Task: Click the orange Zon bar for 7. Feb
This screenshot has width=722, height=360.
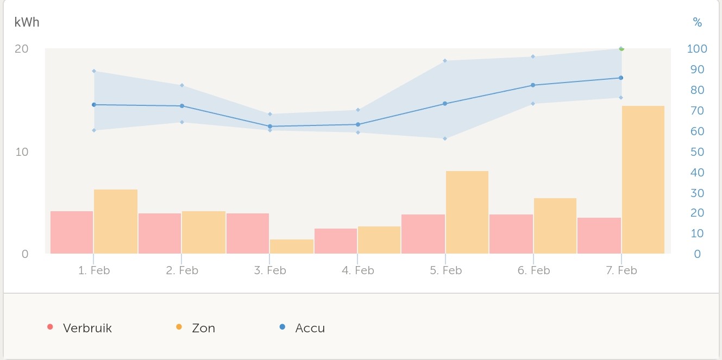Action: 643,180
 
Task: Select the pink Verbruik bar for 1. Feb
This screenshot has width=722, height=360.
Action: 72,232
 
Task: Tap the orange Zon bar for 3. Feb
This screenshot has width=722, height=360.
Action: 292,247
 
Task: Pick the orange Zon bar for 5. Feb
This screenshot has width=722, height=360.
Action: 467,212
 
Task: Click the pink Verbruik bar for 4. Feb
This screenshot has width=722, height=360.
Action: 336,241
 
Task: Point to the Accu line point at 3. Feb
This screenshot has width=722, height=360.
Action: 270,127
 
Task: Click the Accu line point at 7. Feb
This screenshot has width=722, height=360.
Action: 621,78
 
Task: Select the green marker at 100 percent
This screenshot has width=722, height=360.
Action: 621,49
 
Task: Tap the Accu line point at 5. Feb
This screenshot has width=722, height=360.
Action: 445,103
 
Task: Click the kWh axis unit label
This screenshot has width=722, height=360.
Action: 27,22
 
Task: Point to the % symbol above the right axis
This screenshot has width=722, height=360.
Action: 697,23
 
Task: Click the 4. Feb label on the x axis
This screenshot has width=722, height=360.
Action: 357,270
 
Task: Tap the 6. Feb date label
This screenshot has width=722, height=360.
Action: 533,270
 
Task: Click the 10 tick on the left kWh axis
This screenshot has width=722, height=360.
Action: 22,151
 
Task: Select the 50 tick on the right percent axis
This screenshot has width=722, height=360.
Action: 696,152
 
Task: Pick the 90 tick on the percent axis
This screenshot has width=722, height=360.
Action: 696,70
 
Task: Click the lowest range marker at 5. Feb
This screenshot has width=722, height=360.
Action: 445,138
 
